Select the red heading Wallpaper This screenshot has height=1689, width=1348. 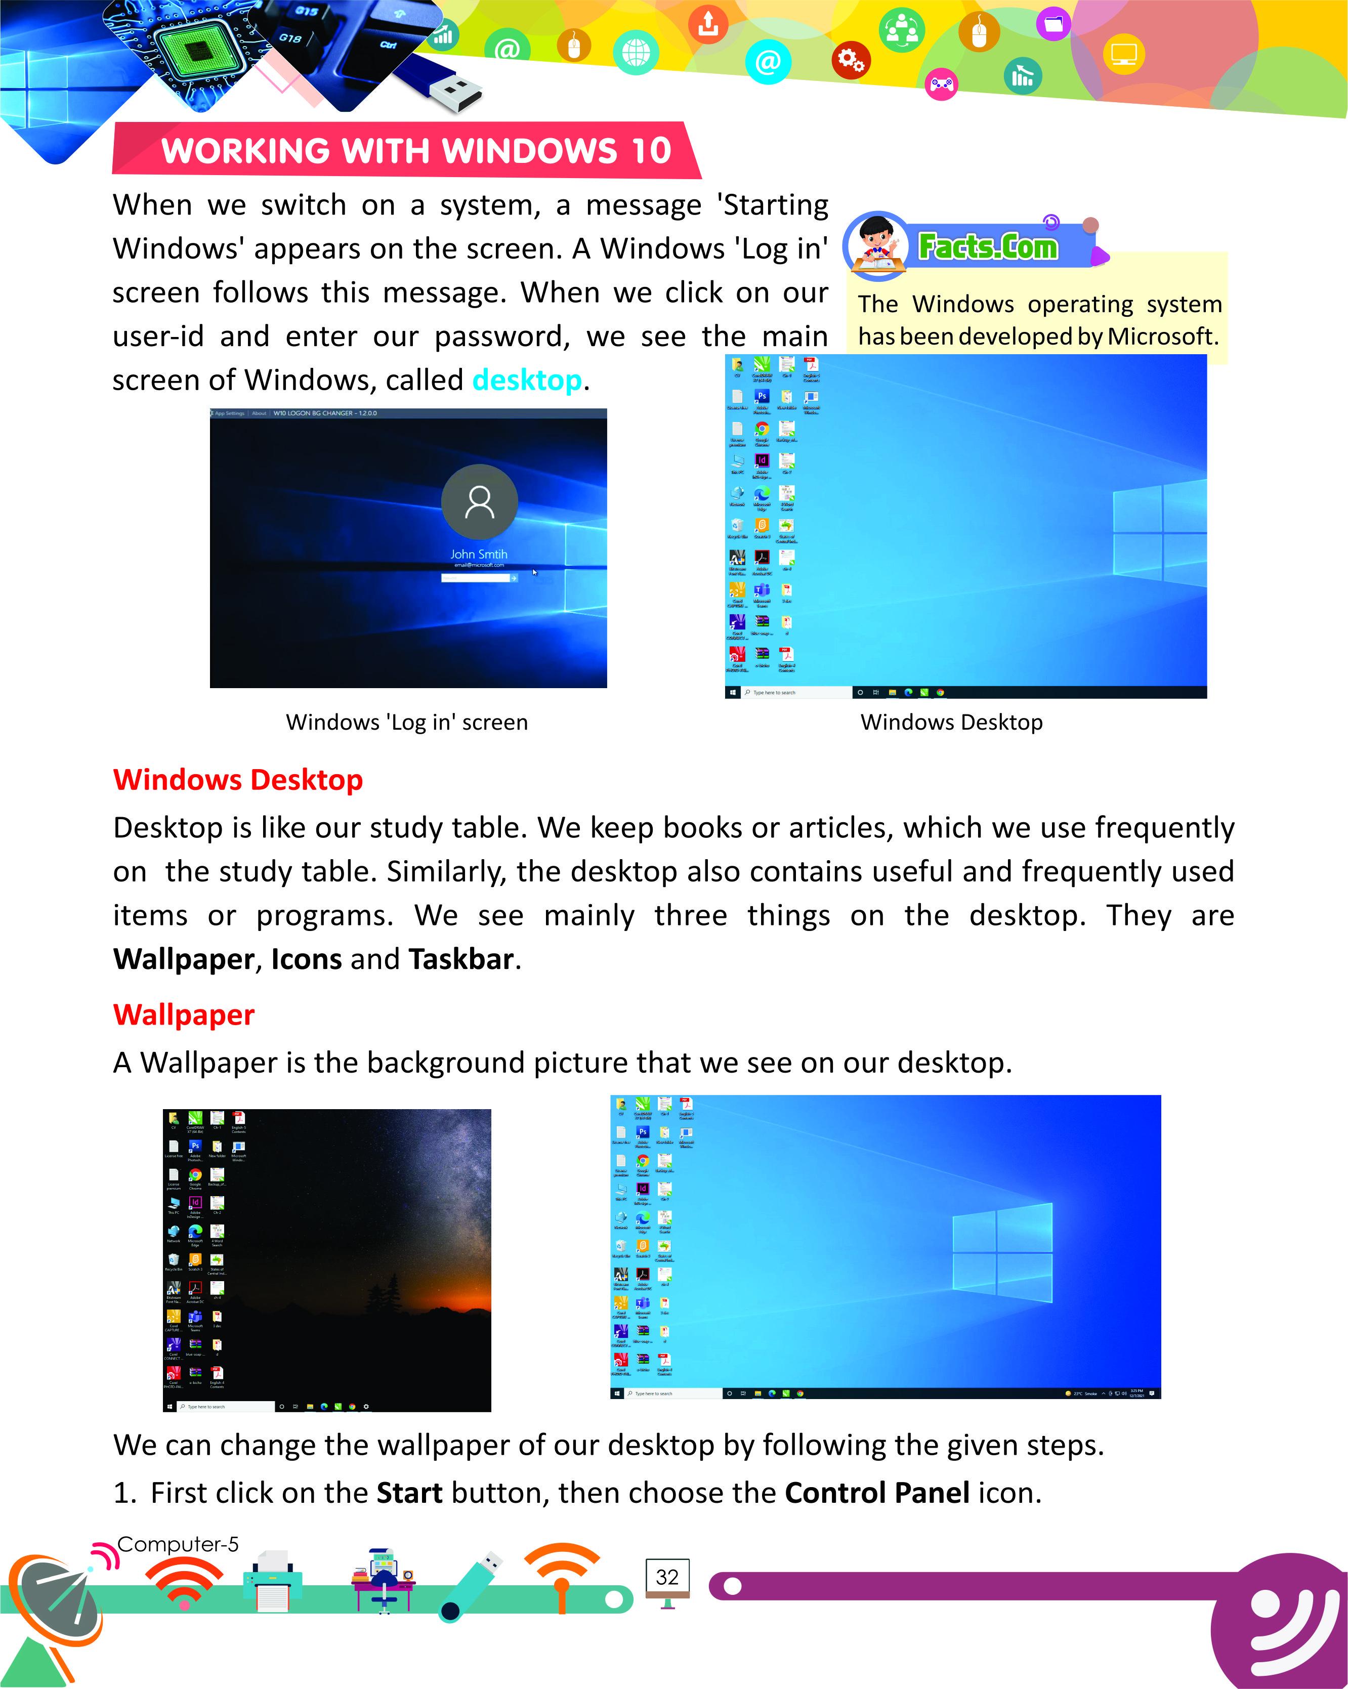[x=184, y=1016]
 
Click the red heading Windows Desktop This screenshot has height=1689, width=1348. [x=238, y=780]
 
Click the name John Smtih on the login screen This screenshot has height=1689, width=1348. [x=479, y=555]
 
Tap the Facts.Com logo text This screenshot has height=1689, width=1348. [x=988, y=247]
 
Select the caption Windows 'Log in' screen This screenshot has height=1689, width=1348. [x=406, y=722]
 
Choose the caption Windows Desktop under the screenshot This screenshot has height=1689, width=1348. [x=952, y=722]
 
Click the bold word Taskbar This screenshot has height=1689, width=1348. [x=460, y=960]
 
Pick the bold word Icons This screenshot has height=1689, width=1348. [x=306, y=960]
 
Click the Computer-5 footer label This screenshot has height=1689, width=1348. [x=178, y=1544]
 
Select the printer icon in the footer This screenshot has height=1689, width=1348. [x=273, y=1581]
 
